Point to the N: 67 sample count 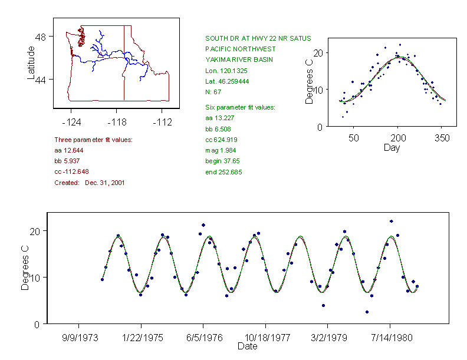coord(213,92)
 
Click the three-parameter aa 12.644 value coord(70,150)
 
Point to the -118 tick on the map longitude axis coord(117,122)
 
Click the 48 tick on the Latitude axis coord(41,37)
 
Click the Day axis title coord(392,147)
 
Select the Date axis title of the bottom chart coord(247,346)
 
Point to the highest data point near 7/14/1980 coord(391,222)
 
